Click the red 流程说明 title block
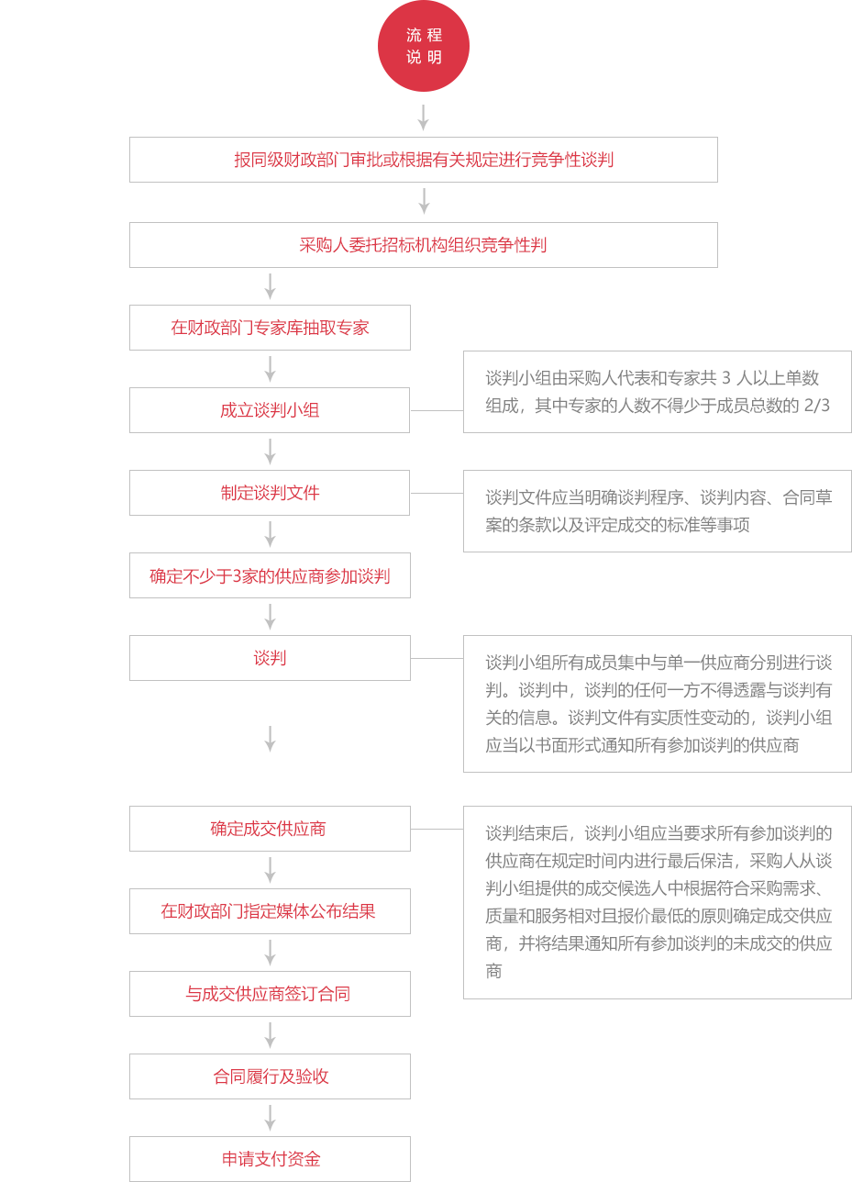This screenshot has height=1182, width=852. (x=423, y=46)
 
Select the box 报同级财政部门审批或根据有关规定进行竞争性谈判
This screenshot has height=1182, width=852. (x=423, y=160)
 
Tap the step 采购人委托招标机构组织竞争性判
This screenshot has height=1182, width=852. (x=423, y=245)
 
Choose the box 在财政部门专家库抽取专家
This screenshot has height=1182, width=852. (x=270, y=328)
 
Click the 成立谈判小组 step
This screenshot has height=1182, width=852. (x=270, y=410)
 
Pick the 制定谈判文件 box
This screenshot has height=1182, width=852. (x=270, y=493)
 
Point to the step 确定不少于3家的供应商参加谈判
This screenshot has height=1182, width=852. (x=270, y=575)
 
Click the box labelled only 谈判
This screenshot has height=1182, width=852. (x=270, y=658)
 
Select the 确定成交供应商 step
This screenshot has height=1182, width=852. (x=270, y=829)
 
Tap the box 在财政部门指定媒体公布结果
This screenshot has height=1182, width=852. (x=270, y=911)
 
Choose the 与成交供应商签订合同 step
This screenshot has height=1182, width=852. (x=270, y=994)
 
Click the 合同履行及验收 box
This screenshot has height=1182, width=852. (x=270, y=1076)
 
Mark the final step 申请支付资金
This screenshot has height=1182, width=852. (x=270, y=1159)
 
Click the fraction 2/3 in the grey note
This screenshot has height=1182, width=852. (x=816, y=406)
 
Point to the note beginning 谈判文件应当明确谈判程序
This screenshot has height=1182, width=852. (x=658, y=511)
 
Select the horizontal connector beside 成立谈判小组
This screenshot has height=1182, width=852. (x=437, y=410)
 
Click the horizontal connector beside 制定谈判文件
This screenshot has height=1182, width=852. (x=437, y=493)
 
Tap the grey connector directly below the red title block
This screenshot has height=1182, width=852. (x=423, y=117)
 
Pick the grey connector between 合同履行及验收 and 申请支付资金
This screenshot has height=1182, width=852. (x=270, y=1118)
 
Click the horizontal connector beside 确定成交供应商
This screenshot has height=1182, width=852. (x=437, y=829)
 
